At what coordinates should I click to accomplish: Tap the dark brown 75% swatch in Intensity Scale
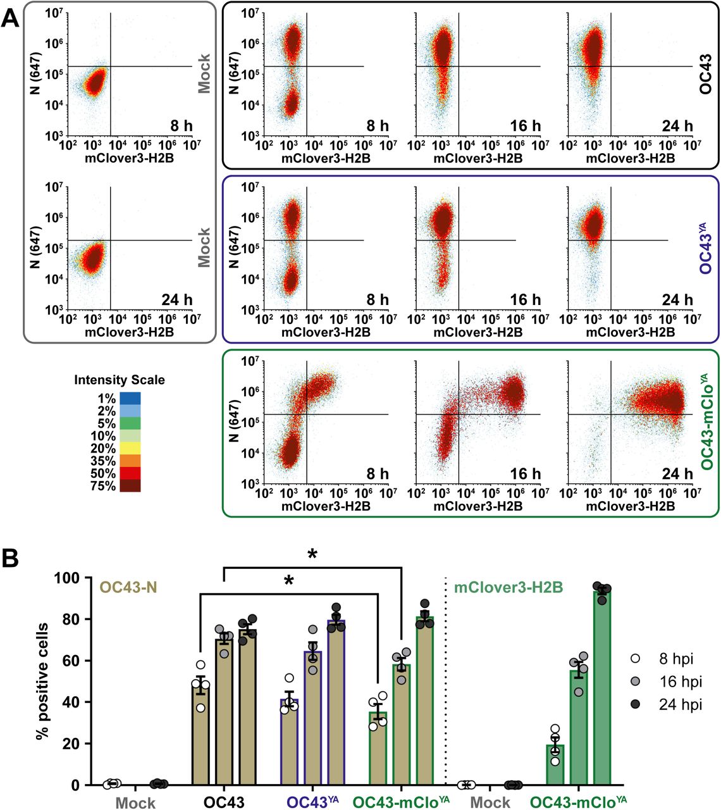click(130, 486)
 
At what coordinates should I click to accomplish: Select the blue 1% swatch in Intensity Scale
click(130, 399)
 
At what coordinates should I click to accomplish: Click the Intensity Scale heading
click(120, 380)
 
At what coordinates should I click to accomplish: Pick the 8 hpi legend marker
click(636, 658)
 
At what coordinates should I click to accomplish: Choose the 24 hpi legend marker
click(636, 704)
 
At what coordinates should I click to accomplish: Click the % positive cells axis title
click(42, 680)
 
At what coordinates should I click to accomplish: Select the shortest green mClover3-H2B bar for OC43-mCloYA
click(555, 764)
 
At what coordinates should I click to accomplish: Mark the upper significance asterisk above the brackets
click(312, 555)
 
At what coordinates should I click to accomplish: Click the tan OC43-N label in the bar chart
click(128, 588)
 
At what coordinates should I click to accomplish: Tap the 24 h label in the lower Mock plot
click(177, 299)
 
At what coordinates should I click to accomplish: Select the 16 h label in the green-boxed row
click(526, 473)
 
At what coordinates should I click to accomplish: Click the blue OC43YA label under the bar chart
click(313, 802)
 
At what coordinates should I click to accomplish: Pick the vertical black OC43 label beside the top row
click(706, 75)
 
